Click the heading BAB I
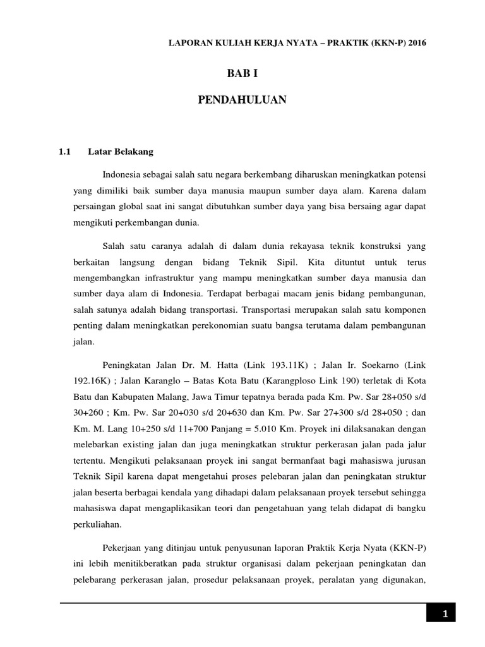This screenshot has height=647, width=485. (242, 74)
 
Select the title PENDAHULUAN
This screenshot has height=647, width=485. (242, 100)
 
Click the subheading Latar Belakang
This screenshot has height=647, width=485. (121, 152)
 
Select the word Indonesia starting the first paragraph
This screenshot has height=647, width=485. (122, 172)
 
